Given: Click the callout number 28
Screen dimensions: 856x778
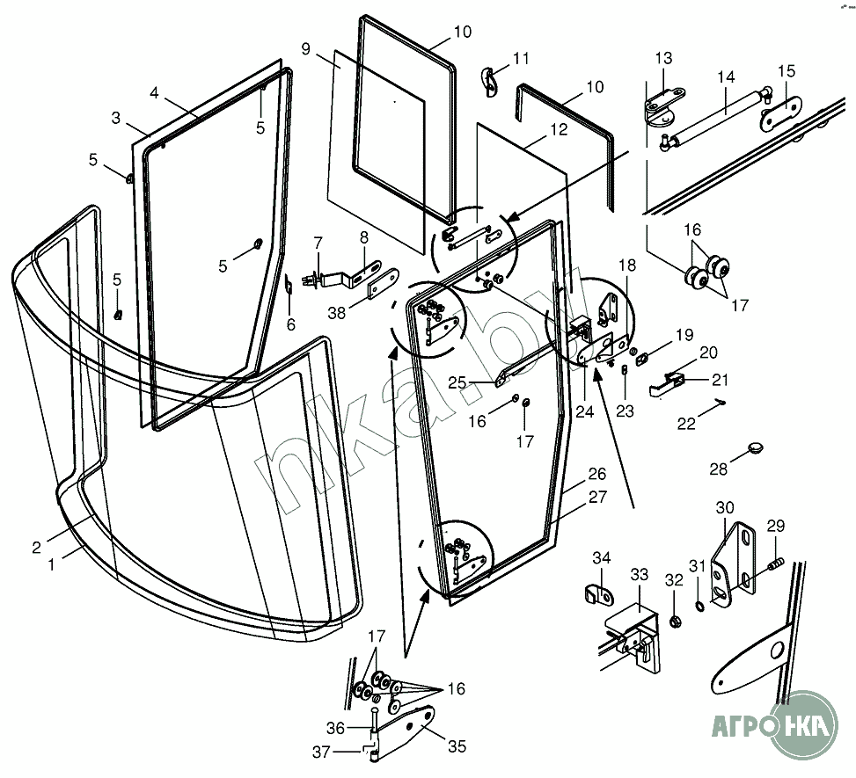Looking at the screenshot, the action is [719, 469].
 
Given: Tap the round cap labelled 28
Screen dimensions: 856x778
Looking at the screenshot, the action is [755, 448].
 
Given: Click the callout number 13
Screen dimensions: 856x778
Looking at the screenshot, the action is [664, 58].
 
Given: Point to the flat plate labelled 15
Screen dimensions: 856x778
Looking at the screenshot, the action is [782, 113].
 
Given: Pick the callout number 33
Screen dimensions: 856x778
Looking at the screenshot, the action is [640, 575].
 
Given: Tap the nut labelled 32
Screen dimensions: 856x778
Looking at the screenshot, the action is [676, 621].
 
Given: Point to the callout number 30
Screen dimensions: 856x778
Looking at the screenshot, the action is [725, 508].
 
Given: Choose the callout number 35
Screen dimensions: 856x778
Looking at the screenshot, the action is [457, 746].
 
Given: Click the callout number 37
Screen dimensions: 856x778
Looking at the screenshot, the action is [321, 753].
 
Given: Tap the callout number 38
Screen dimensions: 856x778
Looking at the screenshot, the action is [337, 313].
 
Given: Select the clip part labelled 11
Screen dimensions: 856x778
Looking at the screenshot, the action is [489, 82].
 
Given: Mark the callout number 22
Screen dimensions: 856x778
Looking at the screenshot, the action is [687, 424].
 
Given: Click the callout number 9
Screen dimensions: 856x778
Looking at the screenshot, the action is [306, 49].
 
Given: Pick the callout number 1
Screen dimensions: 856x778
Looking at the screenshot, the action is [52, 565].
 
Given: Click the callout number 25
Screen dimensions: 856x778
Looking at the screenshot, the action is [457, 383].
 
